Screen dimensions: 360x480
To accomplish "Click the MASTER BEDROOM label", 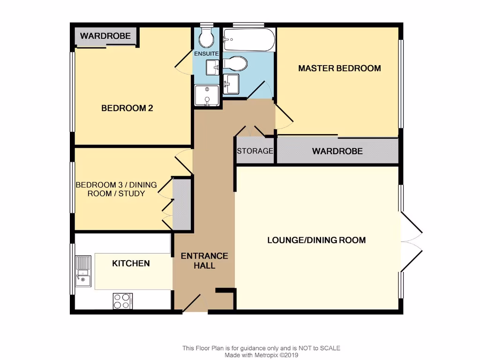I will (339, 68).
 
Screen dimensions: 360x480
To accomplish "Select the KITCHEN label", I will (131, 263).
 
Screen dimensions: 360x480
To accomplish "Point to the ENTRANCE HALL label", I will (204, 261).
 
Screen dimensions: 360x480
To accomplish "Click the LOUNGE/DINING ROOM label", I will (316, 240).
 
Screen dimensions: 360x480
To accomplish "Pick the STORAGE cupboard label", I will (255, 151).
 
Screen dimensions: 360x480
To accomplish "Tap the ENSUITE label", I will (206, 53).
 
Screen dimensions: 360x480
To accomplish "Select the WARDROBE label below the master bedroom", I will (337, 151).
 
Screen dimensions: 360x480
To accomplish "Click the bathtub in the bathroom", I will (248, 40).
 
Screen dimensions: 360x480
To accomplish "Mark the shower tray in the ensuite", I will (206, 96).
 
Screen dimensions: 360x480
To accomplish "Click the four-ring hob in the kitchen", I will (122, 301).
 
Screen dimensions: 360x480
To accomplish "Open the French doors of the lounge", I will (412, 243).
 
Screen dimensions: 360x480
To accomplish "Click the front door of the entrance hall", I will (192, 303).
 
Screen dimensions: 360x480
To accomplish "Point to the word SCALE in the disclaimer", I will (330, 348).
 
